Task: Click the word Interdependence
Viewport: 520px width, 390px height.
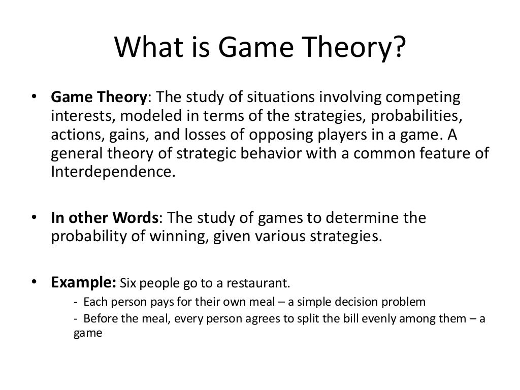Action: pyautogui.click(x=112, y=171)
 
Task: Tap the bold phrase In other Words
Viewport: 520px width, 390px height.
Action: pyautogui.click(x=105, y=218)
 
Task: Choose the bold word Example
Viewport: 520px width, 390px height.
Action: pyautogui.click(x=83, y=282)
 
